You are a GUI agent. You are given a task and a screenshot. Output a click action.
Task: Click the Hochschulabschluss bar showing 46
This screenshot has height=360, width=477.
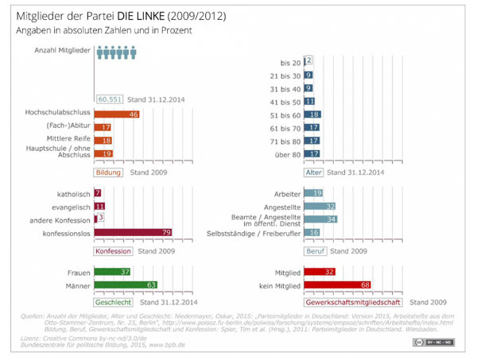click(117, 115)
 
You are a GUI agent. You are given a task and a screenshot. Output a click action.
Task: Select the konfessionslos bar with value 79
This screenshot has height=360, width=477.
click(134, 233)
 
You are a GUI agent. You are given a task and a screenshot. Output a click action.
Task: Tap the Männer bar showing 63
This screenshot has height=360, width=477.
click(126, 285)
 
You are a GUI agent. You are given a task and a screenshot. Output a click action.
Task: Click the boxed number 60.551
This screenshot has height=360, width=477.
click(111, 99)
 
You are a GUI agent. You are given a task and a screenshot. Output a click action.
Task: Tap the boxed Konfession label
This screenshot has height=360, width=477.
click(113, 250)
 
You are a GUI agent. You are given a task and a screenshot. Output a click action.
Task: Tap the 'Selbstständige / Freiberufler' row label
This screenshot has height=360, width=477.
click(252, 232)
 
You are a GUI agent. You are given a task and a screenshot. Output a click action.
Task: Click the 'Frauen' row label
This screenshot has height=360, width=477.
click(76, 272)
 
